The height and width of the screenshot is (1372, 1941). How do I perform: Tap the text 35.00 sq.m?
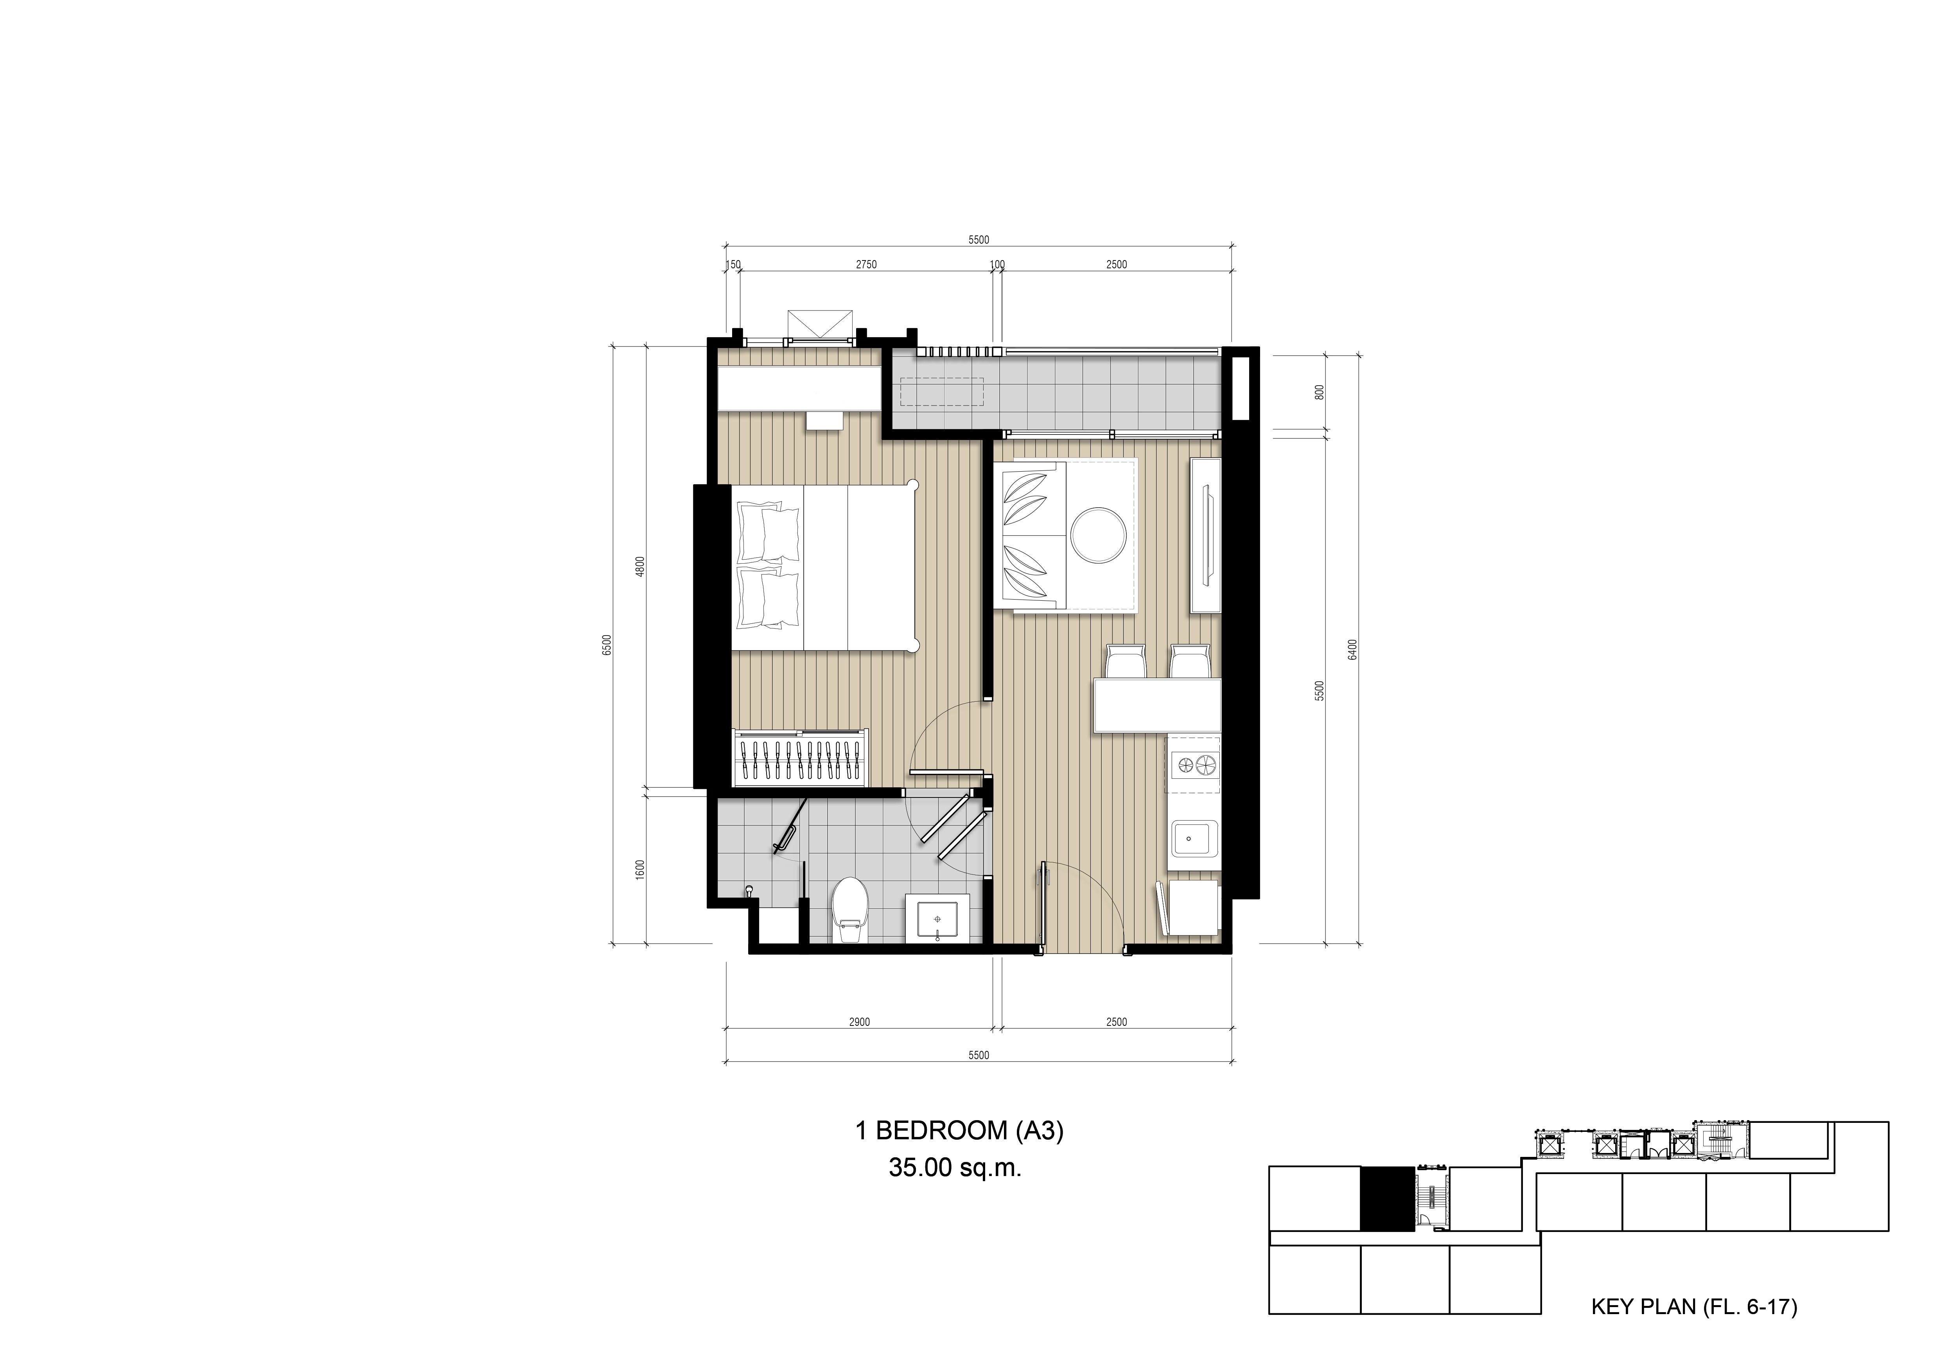pyautogui.click(x=955, y=1168)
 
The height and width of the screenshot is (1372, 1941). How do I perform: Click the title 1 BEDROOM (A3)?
pyautogui.click(x=959, y=1130)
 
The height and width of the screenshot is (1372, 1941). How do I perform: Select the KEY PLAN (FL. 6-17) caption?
pyautogui.click(x=1694, y=1307)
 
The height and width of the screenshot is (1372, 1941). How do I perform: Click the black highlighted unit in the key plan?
pyautogui.click(x=1386, y=1198)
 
